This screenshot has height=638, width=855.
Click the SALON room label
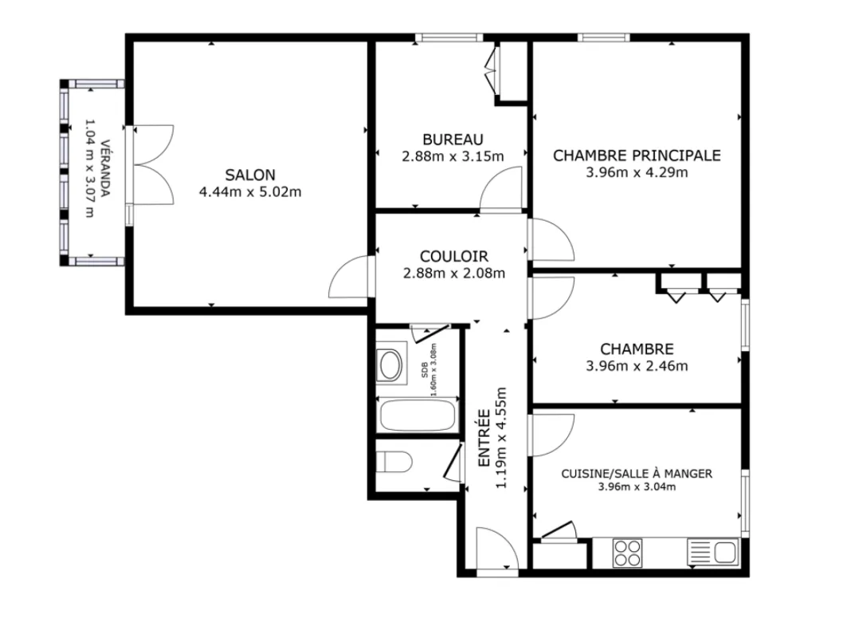(x=250, y=175)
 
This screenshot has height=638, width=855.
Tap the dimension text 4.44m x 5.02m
(x=250, y=192)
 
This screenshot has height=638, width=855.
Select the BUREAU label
(x=453, y=140)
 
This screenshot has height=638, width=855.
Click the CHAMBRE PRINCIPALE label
(x=637, y=156)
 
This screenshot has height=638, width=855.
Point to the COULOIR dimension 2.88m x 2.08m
(x=454, y=273)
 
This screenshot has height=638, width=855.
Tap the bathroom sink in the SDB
(x=391, y=364)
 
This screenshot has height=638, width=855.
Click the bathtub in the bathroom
(x=418, y=415)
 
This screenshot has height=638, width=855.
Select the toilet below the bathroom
(x=394, y=462)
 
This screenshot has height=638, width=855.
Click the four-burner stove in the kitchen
(x=627, y=553)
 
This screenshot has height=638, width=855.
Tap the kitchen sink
(x=712, y=553)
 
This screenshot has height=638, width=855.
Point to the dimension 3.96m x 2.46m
(x=637, y=366)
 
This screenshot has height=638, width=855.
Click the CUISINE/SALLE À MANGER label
(x=637, y=474)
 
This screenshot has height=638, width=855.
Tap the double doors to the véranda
(x=153, y=165)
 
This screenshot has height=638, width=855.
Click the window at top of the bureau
(x=449, y=37)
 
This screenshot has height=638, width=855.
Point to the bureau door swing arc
(x=500, y=188)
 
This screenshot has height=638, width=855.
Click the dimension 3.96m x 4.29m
(x=637, y=172)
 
